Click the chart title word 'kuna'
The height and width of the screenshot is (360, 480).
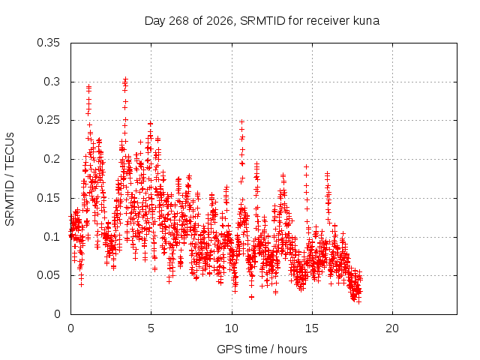click(x=367, y=21)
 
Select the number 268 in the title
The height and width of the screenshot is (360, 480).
click(x=178, y=21)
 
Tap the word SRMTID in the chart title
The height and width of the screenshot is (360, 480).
click(x=262, y=21)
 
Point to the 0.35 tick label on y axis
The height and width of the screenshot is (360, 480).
click(x=48, y=43)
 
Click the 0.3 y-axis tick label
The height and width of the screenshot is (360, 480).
click(x=52, y=82)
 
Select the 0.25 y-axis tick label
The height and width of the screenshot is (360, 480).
click(x=48, y=120)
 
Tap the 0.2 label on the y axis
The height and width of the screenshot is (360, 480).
click(x=52, y=159)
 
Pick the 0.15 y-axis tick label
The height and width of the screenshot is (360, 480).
click(x=48, y=198)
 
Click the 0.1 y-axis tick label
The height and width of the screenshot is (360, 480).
click(x=52, y=237)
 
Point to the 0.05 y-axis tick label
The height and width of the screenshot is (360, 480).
click(x=48, y=275)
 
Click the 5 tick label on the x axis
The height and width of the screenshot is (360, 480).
click(x=151, y=328)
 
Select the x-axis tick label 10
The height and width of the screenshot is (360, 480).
click(x=232, y=328)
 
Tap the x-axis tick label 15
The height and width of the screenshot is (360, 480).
click(x=312, y=328)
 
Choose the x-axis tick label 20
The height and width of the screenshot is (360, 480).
click(x=392, y=328)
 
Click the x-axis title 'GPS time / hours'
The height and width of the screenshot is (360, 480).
click(x=262, y=349)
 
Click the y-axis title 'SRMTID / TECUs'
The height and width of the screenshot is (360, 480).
click(x=10, y=179)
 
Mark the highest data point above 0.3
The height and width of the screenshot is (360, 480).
click(x=125, y=79)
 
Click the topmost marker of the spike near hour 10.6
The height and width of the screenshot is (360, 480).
click(x=241, y=121)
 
